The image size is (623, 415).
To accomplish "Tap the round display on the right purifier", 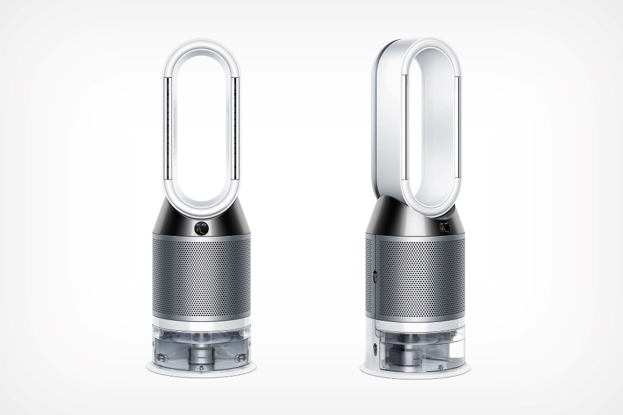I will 444,225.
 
